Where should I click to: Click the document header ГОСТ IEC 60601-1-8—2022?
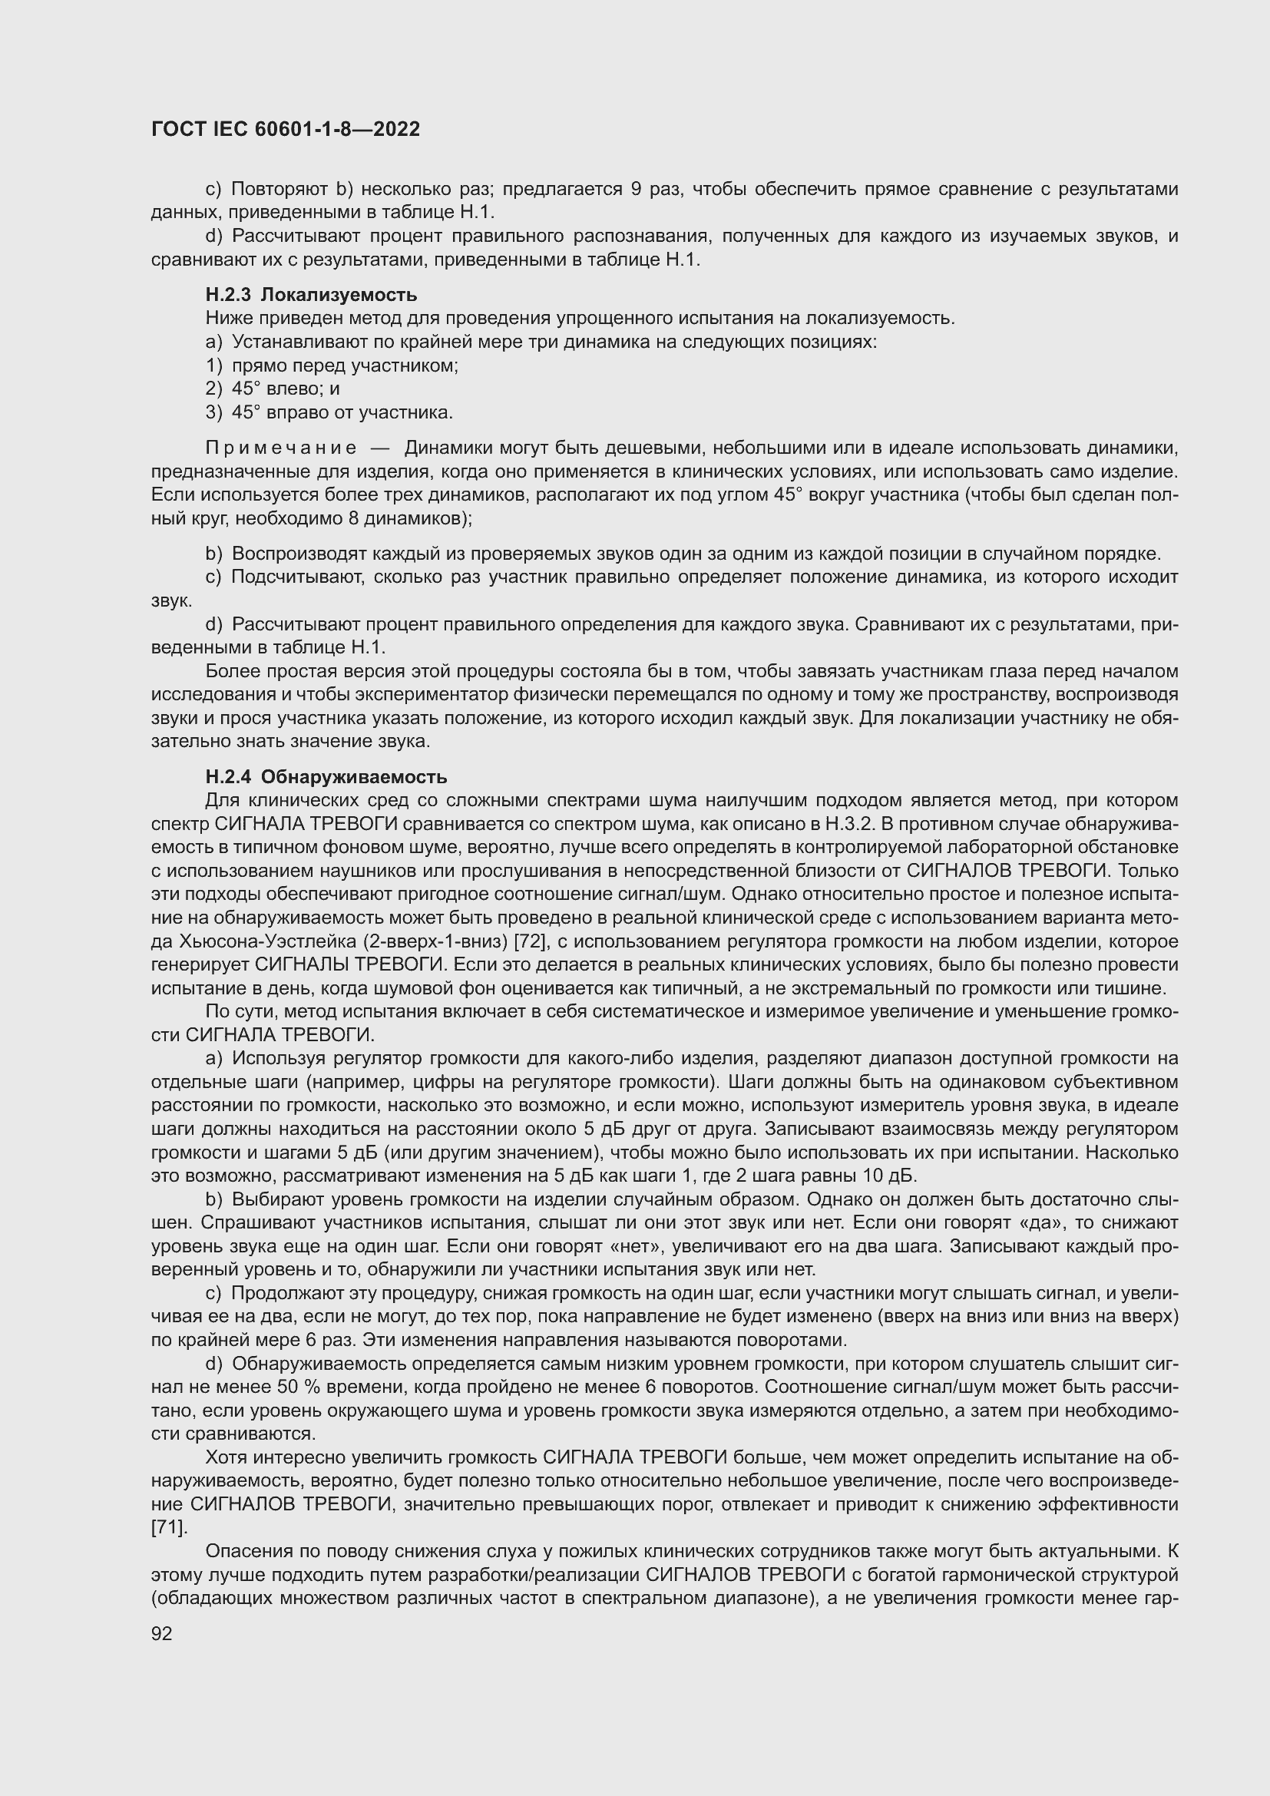pyautogui.click(x=286, y=129)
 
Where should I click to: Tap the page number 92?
pyautogui.click(x=161, y=1633)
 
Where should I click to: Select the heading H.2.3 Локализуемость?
pyautogui.click(x=311, y=295)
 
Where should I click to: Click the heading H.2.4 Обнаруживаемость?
pyautogui.click(x=326, y=777)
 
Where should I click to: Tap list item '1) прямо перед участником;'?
pyautogui.click(x=332, y=365)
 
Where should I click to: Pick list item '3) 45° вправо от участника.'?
pyautogui.click(x=329, y=412)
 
